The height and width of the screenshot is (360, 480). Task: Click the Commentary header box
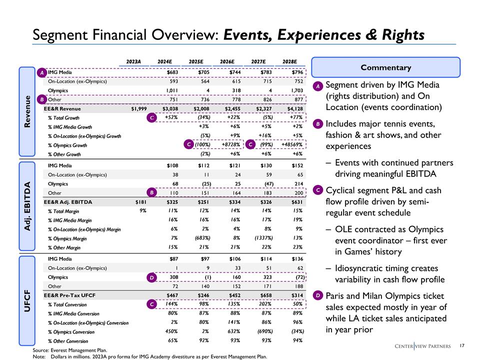tap(385, 67)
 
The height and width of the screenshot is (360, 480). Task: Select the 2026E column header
tap(227, 62)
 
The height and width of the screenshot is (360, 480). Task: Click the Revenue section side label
tap(29, 111)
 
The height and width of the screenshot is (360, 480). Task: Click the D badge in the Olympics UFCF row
tap(152, 277)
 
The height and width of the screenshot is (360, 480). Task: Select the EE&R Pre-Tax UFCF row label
tap(69, 295)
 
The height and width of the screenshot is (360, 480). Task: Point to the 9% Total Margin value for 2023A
tap(142, 211)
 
